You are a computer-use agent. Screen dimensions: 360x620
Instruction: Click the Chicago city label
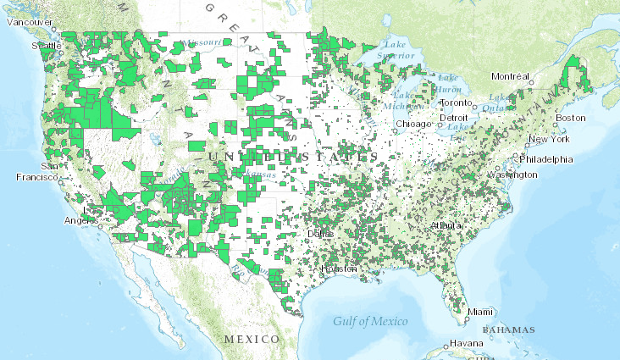click(x=412, y=124)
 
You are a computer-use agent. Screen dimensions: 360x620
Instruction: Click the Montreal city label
click(x=510, y=76)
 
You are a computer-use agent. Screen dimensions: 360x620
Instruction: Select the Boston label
click(x=570, y=117)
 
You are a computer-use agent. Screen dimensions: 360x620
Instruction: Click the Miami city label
click(x=484, y=313)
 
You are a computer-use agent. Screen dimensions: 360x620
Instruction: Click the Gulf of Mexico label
click(x=369, y=321)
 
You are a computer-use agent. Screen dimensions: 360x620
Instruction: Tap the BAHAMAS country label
click(x=509, y=329)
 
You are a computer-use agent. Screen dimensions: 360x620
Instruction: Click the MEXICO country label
click(x=252, y=339)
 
